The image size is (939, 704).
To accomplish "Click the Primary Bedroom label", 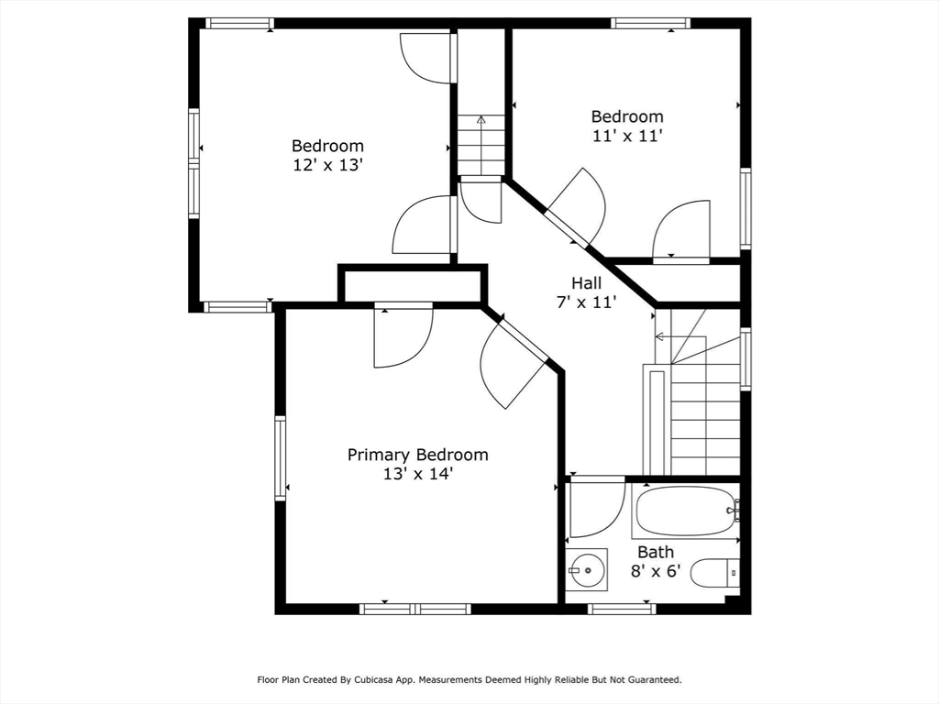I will click(417, 455).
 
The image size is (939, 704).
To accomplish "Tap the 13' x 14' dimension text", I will click(417, 475).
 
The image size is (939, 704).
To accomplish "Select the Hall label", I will click(587, 283).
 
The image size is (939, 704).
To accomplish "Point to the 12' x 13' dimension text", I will click(327, 165).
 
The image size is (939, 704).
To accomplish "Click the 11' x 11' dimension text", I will click(626, 136).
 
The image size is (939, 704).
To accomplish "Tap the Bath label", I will click(656, 552).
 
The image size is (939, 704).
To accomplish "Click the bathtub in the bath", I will click(685, 511).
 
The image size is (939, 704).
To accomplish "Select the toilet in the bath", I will click(714, 573).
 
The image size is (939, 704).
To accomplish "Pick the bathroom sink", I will click(586, 570).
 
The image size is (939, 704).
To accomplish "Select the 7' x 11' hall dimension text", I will click(587, 302).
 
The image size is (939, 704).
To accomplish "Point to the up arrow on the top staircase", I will click(481, 119).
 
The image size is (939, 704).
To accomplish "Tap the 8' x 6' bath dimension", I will click(656, 570).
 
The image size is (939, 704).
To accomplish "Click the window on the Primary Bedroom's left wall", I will click(281, 458).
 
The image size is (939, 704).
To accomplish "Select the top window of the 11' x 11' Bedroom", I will click(651, 23).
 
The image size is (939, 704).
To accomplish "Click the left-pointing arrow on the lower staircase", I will click(659, 336).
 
